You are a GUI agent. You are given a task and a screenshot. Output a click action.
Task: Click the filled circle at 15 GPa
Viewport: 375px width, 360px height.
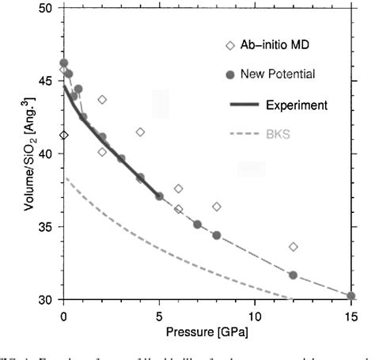point(350,296)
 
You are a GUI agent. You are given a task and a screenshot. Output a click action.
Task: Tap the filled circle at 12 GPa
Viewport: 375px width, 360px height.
point(293,275)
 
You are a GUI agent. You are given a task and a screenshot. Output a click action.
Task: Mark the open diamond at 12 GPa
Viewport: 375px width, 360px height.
point(293,247)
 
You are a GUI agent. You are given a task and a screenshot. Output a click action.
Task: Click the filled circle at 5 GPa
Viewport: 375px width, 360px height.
point(159,195)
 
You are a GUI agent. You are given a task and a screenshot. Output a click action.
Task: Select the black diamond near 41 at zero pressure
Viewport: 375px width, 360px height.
point(64,135)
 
